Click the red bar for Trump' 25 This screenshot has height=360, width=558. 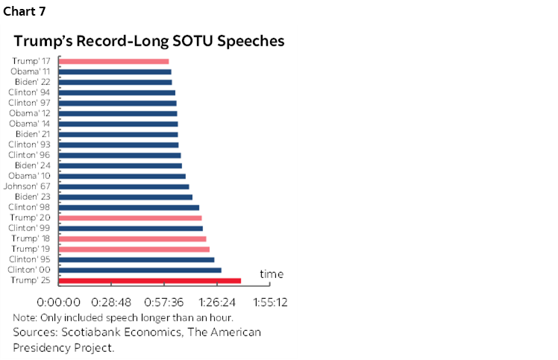pos(149,280)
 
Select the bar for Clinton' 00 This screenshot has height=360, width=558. pos(139,270)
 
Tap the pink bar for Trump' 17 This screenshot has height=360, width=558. pos(113,61)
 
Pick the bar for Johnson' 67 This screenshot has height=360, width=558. pos(124,186)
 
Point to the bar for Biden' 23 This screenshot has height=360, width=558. pos(125,197)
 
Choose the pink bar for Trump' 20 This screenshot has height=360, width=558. pos(130,218)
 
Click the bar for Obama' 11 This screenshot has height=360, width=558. pos(115,72)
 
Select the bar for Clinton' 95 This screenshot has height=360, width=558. pos(137,259)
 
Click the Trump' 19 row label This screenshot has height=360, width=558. pos(31,249)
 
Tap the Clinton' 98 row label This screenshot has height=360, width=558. pos(29,207)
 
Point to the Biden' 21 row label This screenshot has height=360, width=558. pos(34,134)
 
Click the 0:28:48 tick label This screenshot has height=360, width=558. pos(110,303)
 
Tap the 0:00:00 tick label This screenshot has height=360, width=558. pos(59,303)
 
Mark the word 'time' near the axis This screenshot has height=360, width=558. pos(272,274)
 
